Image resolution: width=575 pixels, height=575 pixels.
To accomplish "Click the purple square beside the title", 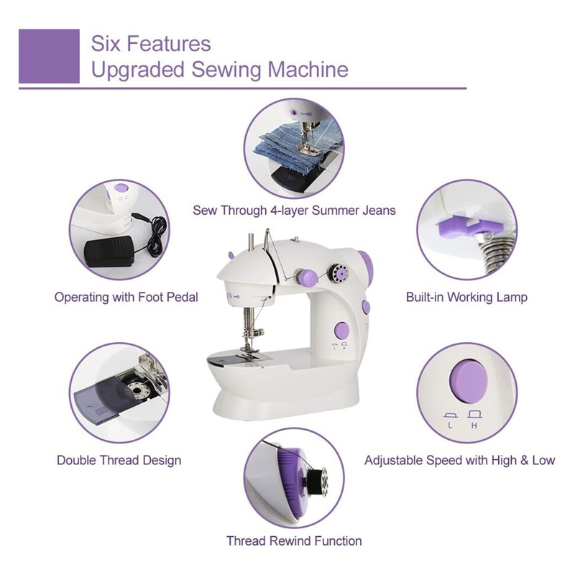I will pyautogui.click(x=48, y=56).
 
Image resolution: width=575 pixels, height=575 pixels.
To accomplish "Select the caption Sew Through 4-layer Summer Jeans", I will pyautogui.click(x=294, y=211).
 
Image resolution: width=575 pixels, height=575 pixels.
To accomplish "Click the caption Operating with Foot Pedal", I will pyautogui.click(x=126, y=297).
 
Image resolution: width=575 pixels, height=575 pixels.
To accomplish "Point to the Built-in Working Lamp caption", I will pyautogui.click(x=466, y=297).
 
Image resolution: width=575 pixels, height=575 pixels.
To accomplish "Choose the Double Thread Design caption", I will pyautogui.click(x=119, y=460).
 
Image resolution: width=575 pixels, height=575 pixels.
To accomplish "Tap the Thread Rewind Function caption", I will pyautogui.click(x=294, y=540).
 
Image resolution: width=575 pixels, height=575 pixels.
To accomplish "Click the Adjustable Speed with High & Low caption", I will pyautogui.click(x=460, y=460).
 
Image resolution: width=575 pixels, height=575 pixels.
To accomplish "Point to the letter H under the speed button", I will pyautogui.click(x=474, y=427).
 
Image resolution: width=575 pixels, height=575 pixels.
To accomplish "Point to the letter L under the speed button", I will pyautogui.click(x=450, y=427).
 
